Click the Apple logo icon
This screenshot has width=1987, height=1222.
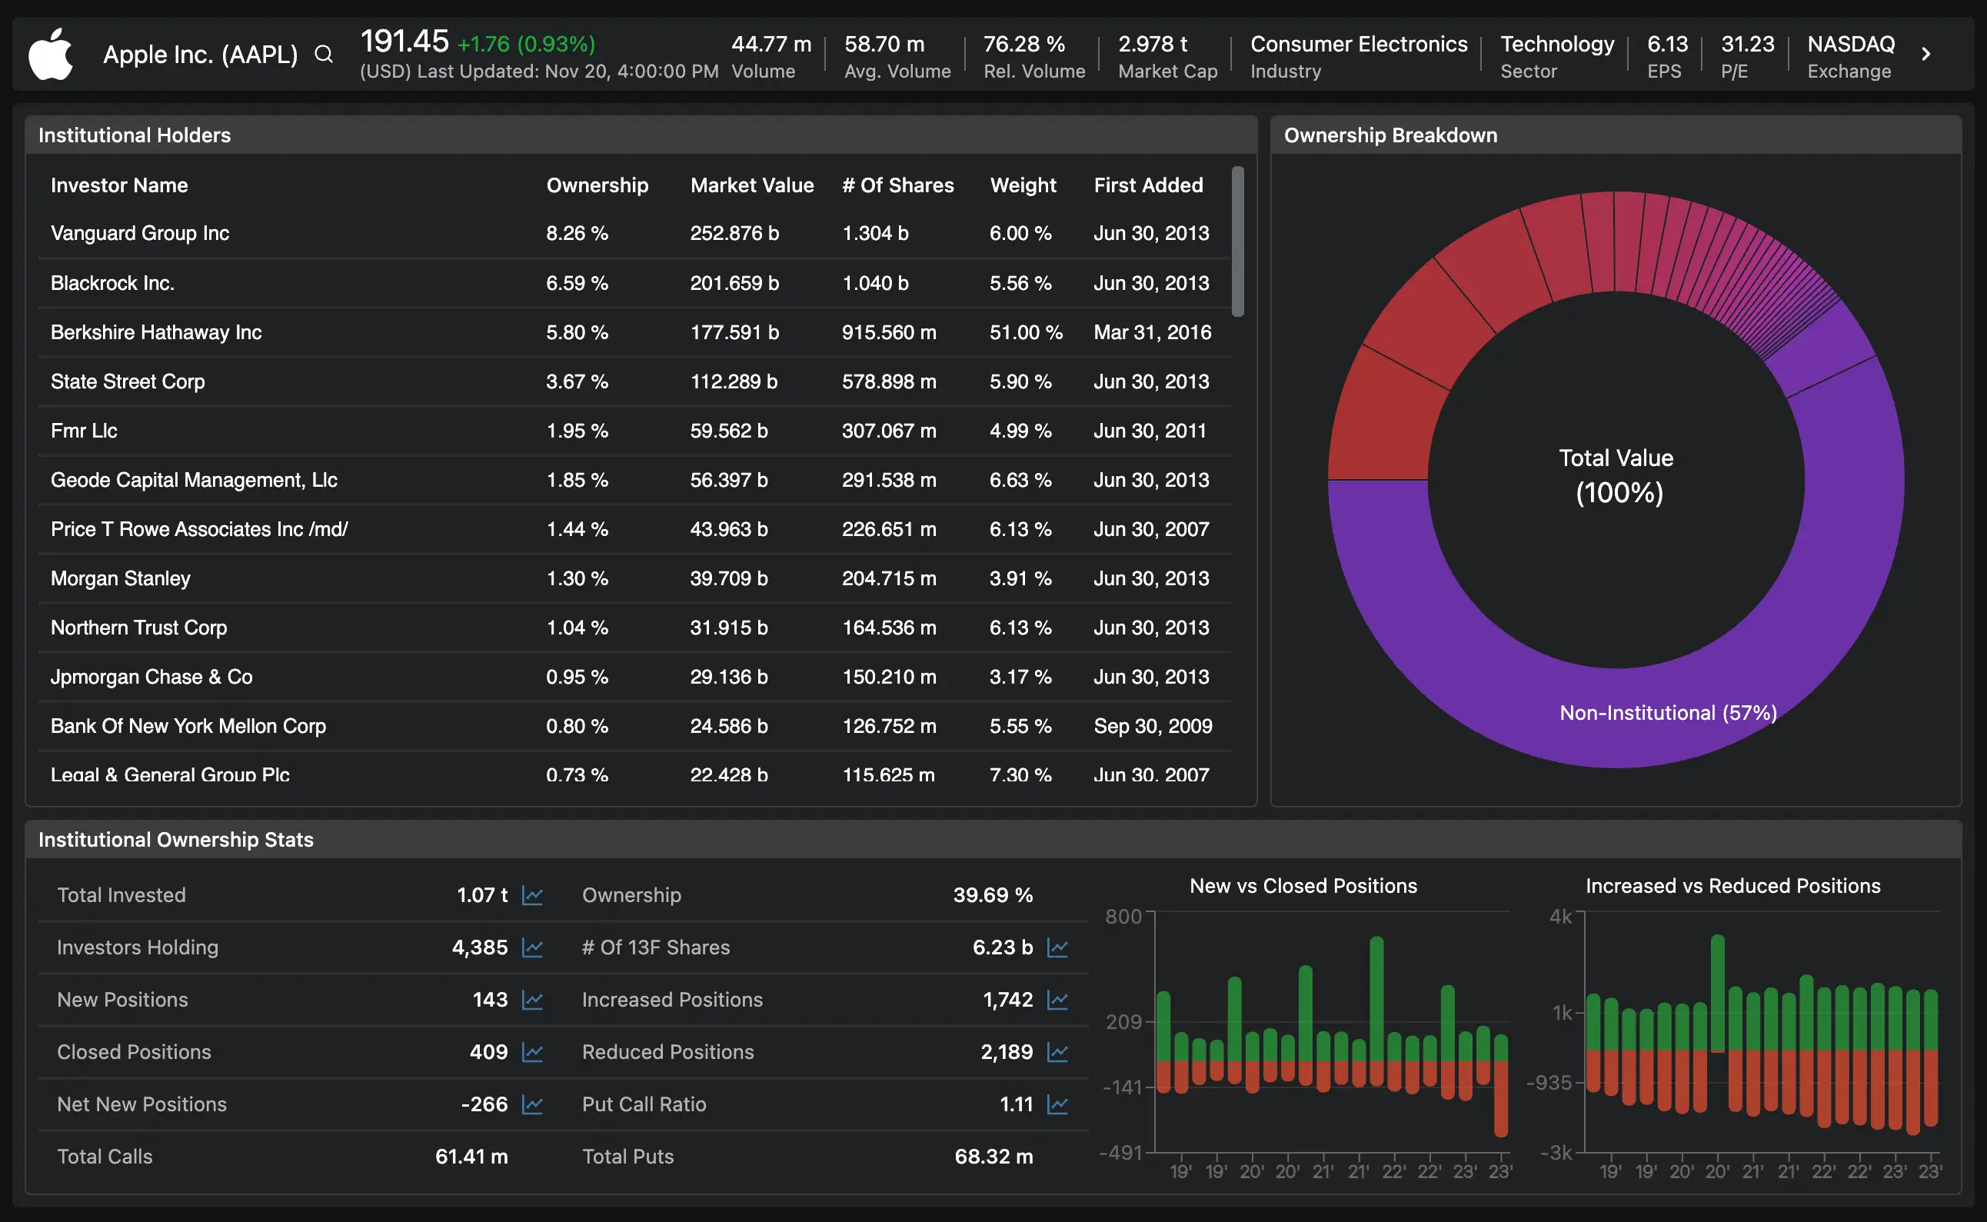click(x=50, y=54)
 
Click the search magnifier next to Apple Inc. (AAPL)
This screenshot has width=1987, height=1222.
click(x=323, y=54)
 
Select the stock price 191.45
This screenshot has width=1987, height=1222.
click(x=404, y=42)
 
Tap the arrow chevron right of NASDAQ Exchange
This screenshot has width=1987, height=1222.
click(x=1925, y=54)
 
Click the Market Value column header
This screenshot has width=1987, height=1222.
click(x=751, y=185)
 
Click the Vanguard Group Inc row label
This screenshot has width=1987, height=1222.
click(x=140, y=234)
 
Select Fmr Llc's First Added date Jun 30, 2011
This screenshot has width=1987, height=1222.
click(x=1150, y=431)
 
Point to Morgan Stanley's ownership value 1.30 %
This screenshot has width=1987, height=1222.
click(x=577, y=578)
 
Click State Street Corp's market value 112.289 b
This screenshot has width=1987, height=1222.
click(x=734, y=381)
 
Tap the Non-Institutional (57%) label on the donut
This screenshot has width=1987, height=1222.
click(x=1668, y=713)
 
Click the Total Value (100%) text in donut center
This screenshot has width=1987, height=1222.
click(x=1616, y=475)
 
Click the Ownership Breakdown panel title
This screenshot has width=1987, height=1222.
click(x=1390, y=135)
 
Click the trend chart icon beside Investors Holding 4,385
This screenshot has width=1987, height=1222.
click(x=532, y=947)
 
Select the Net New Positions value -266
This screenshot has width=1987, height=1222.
click(x=484, y=1104)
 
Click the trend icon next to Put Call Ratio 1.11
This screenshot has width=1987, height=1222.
click(x=1058, y=1104)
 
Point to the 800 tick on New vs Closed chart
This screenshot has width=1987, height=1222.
click(x=1123, y=917)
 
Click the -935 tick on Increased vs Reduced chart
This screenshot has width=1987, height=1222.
click(x=1548, y=1082)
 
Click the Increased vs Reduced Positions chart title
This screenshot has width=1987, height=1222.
click(x=1732, y=886)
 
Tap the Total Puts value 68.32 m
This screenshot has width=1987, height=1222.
click(x=993, y=1157)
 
